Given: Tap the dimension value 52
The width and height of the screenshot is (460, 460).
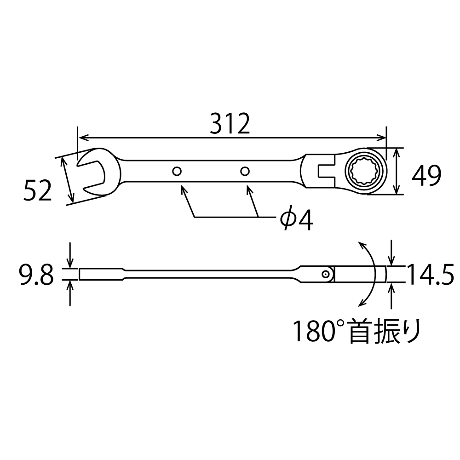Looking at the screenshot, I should [38, 191].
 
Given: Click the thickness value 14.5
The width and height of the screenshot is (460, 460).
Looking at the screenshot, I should [431, 276].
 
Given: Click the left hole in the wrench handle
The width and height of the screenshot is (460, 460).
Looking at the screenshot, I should [177, 172].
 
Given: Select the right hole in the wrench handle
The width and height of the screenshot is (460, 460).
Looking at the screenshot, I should [245, 172].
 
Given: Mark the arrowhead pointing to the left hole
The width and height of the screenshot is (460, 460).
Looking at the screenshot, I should [183, 189].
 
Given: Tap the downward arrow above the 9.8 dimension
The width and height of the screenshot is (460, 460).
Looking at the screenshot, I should [70, 264].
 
